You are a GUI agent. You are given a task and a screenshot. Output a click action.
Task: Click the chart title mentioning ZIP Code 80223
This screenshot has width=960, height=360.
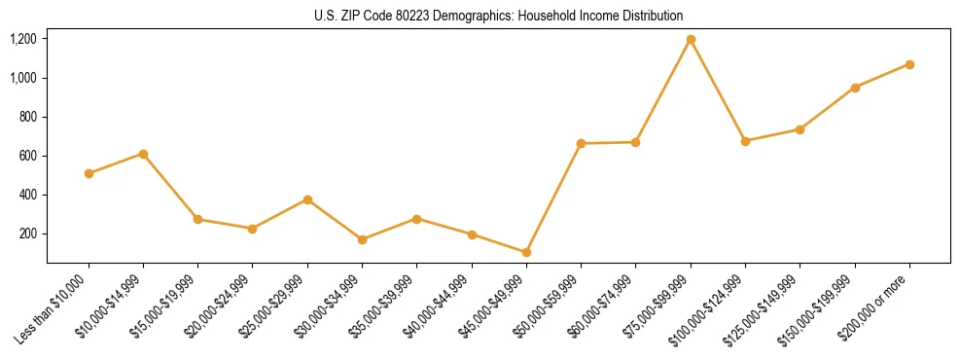tap(498, 16)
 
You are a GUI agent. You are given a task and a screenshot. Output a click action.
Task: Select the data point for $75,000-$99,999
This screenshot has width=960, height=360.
tap(691, 40)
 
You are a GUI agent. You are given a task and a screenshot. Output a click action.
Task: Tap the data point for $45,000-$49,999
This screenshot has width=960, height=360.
tap(526, 252)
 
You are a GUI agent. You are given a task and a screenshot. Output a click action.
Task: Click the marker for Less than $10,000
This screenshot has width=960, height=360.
tap(89, 173)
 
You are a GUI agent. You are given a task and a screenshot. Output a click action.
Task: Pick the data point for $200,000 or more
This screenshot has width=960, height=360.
tap(909, 64)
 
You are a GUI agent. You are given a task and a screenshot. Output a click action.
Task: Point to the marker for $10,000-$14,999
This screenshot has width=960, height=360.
tap(143, 154)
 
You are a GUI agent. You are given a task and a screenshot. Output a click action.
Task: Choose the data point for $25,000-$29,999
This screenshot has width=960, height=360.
tap(307, 199)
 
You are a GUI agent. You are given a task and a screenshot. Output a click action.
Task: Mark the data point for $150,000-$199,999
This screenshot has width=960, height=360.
tap(855, 88)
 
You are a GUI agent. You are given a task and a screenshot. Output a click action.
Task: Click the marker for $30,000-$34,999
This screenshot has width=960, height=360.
tap(362, 239)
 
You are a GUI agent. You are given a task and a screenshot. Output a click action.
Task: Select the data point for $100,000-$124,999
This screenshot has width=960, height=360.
tap(745, 141)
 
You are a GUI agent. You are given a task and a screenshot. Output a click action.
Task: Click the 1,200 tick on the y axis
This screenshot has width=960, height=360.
tap(23, 39)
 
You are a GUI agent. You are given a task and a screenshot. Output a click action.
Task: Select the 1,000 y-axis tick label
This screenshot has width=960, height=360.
tap(23, 78)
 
